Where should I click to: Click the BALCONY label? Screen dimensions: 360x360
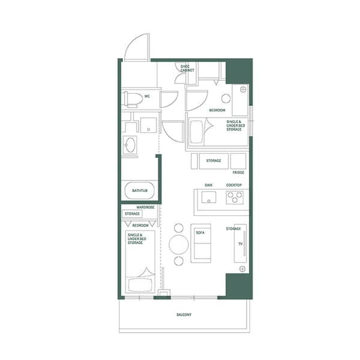184,314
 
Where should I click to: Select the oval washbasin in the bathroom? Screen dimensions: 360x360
130,145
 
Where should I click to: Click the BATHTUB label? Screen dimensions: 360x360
141,191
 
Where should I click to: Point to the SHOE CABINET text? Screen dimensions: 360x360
187,68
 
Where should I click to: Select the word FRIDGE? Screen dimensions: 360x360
238,172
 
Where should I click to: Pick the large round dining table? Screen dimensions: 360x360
179,245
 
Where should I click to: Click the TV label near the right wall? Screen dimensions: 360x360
239,244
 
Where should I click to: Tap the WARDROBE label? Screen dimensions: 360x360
146,207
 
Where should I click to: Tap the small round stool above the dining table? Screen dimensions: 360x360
178,227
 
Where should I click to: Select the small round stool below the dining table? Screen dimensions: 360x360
178,262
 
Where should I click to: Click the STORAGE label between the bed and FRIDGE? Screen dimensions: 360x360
214,161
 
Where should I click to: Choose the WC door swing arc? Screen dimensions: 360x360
169,100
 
